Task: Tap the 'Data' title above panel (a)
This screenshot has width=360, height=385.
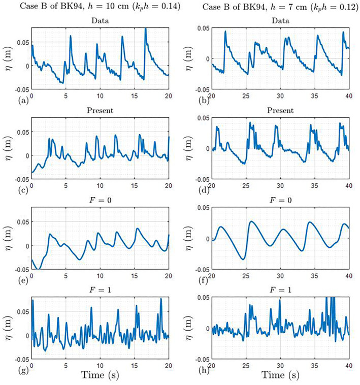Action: pos(100,22)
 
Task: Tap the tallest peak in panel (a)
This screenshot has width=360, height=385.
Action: pos(146,28)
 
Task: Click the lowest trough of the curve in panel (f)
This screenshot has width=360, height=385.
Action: pos(244,259)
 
